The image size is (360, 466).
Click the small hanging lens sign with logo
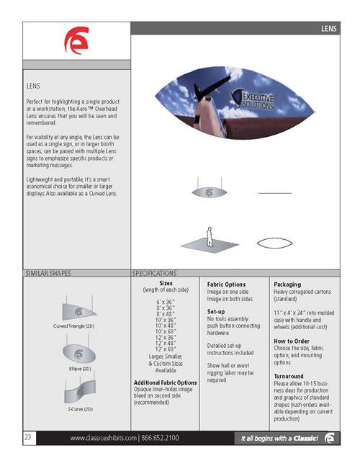pos(207,193)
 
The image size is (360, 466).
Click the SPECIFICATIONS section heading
pos(155,274)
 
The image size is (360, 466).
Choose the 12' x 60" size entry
pos(165,349)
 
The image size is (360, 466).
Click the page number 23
pos(30,438)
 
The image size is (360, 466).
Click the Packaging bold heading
pos(288,284)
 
